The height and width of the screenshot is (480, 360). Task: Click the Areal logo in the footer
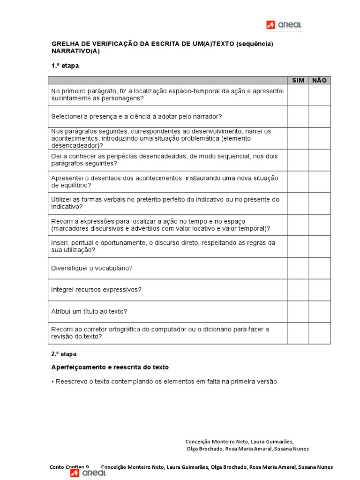tap(88, 473)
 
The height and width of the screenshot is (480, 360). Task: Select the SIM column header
tap(298, 81)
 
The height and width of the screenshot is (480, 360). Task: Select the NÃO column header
tap(319, 81)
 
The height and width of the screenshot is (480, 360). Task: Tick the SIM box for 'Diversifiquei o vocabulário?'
tap(298, 268)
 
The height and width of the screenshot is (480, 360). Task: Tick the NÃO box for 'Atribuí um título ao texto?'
tap(319, 311)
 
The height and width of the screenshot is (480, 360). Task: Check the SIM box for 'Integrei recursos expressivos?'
tap(298, 290)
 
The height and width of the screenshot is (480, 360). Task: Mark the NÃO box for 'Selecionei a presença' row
tap(319, 116)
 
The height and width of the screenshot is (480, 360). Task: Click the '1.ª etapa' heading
tap(65, 66)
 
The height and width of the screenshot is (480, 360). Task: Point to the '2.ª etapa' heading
tap(64, 354)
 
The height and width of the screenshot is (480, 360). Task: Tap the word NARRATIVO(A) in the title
tap(75, 51)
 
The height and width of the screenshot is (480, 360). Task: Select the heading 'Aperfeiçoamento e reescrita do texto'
tap(110, 367)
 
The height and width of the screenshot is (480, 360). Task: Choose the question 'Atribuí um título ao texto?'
tap(89, 311)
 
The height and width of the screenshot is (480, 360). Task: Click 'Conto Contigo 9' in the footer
tap(69, 467)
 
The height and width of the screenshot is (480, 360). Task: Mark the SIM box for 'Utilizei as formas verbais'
tap(298, 203)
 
